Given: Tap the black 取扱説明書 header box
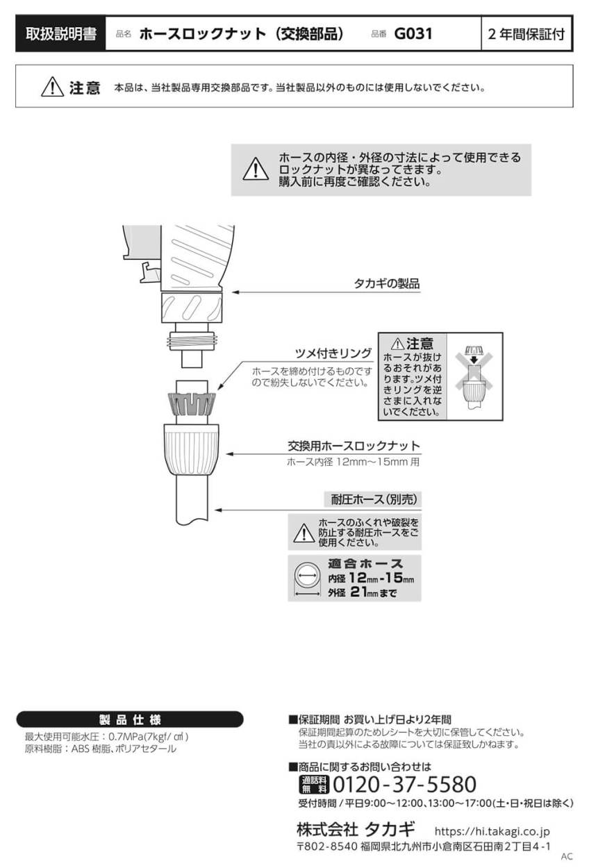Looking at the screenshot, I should click(x=60, y=33).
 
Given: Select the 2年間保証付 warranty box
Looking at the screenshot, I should click(x=526, y=33).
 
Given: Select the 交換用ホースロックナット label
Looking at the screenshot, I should click(x=354, y=446).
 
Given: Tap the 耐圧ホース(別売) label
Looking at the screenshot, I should click(x=373, y=499).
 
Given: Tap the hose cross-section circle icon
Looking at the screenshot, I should click(x=306, y=576).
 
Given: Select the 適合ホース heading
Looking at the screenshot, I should click(x=365, y=563).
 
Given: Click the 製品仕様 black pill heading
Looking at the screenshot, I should click(x=130, y=719).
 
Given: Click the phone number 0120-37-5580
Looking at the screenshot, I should click(x=405, y=785).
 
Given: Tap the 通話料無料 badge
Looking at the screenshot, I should click(x=314, y=785).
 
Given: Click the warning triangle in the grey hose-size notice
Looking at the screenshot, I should click(x=255, y=169).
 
